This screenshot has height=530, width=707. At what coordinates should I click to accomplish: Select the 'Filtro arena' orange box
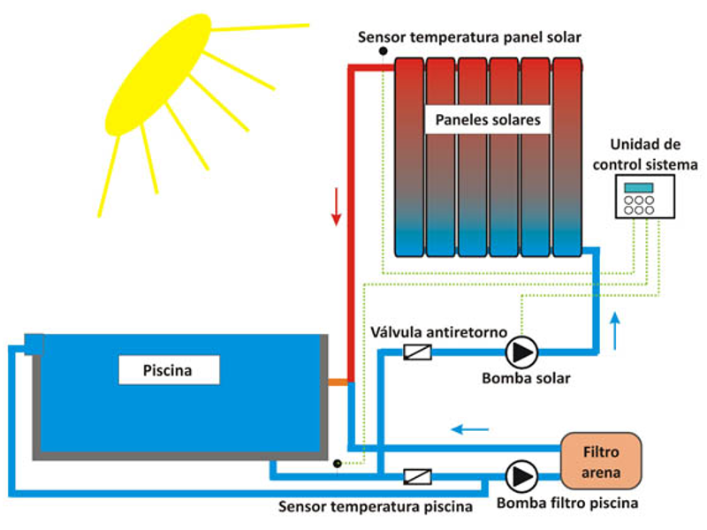click(x=601, y=460)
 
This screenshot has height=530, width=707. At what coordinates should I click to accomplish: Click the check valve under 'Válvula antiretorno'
click(x=416, y=352)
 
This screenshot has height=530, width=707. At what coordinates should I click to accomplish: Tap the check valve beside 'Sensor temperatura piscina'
click(x=416, y=476)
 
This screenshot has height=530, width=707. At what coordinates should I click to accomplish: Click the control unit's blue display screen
click(x=638, y=187)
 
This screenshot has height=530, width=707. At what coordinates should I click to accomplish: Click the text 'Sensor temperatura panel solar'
click(x=468, y=36)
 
